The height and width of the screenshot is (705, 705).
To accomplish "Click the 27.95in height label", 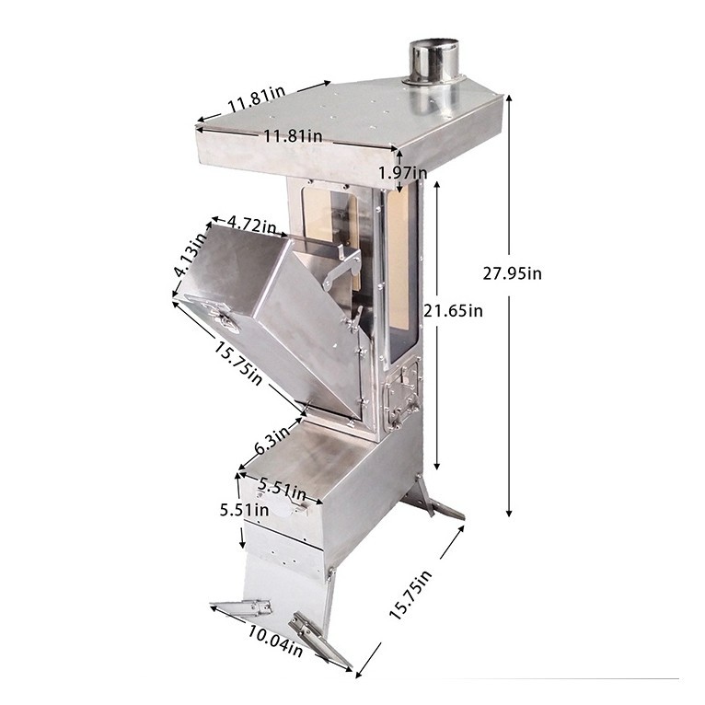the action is pos(512,273).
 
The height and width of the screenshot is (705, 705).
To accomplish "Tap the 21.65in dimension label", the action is pos(453,311).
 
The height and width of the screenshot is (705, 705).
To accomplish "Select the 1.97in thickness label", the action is pos(402,172).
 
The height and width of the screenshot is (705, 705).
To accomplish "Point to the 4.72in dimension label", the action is pos(252,224).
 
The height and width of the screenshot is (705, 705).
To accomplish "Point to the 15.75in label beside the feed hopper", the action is pos(237,364).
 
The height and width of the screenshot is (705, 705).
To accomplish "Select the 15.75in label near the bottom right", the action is pos(411,595).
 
